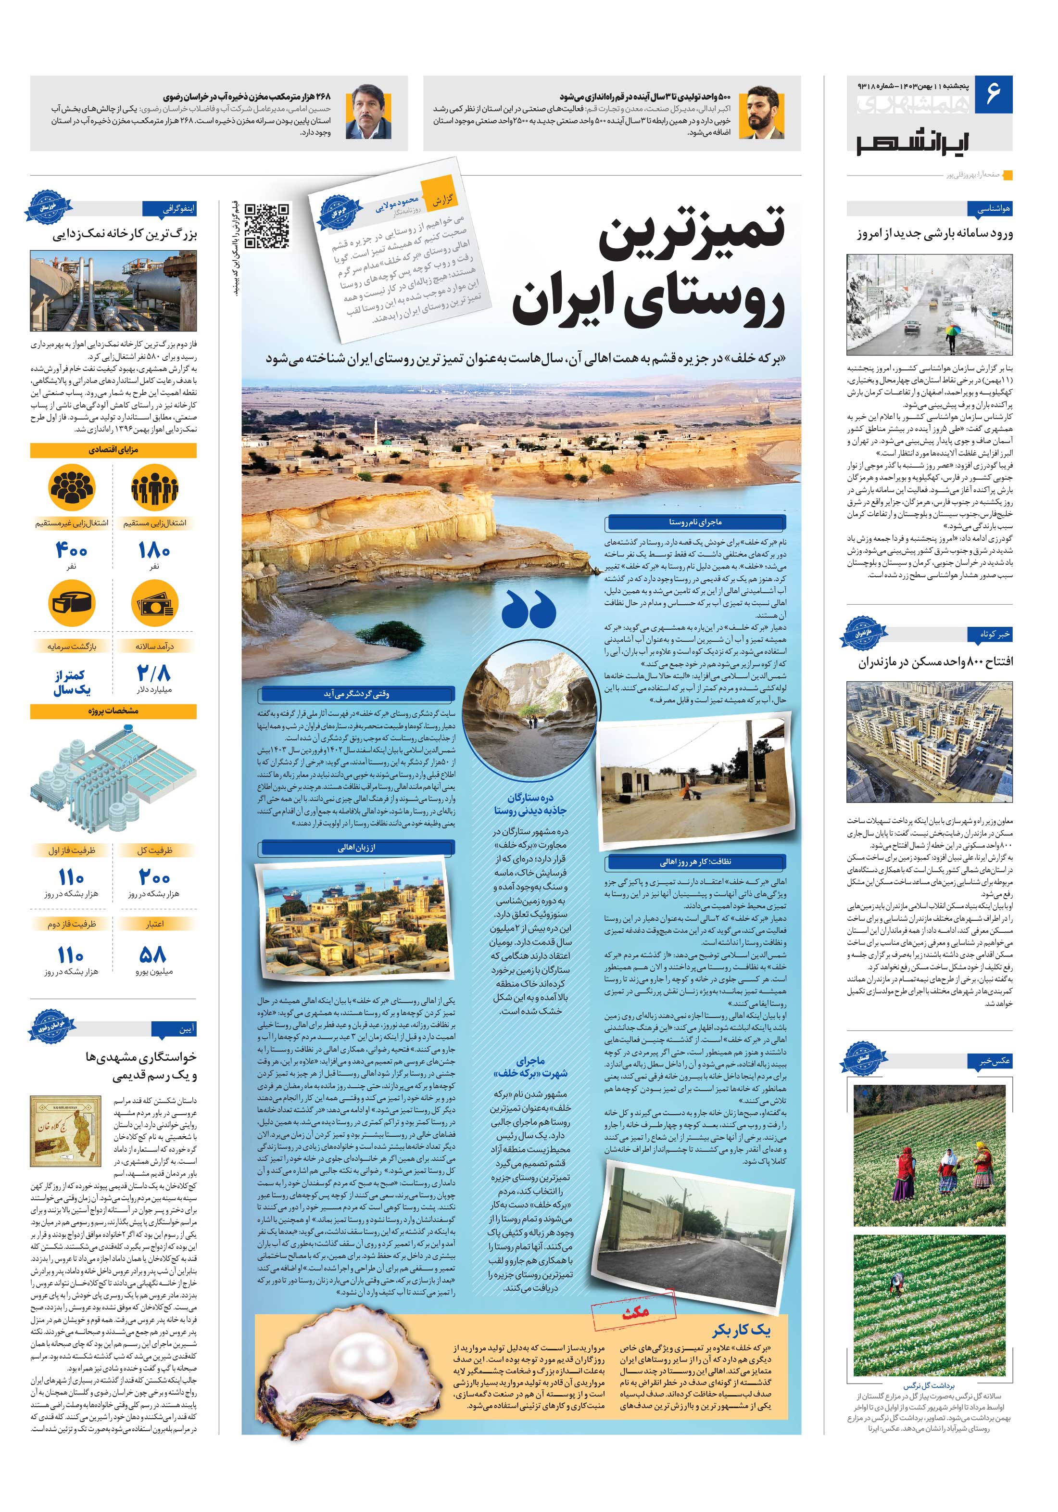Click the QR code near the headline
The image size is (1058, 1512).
point(267,226)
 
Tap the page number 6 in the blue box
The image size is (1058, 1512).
point(993,94)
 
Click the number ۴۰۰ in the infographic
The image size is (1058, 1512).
point(71,549)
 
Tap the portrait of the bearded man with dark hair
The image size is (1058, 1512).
point(762,113)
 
